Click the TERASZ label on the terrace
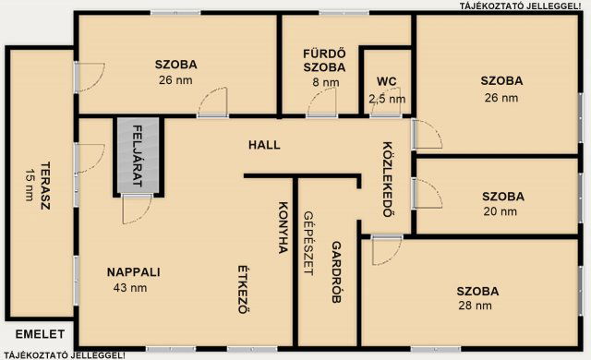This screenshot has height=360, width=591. click(45, 186)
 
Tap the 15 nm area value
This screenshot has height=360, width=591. click(30, 185)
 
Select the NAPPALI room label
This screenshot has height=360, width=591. click(133, 272)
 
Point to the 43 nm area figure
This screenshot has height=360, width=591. click(130, 288)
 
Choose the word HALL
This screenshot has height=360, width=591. click(264, 145)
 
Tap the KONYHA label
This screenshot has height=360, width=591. click(283, 227)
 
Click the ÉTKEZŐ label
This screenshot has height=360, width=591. click(244, 290)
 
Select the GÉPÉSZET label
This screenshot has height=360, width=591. click(308, 244)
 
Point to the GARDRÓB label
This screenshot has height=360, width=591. click(336, 272)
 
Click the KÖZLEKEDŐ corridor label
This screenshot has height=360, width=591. click(388, 179)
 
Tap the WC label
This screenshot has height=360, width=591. click(386, 82)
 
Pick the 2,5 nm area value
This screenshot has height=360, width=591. click(387, 99)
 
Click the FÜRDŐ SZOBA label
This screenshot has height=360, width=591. click(324, 60)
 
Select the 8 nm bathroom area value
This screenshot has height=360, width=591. click(326, 82)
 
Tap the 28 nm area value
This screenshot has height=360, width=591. click(475, 306)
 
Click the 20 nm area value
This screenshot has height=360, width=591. click(501, 211)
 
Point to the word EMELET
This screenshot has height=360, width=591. click(40, 334)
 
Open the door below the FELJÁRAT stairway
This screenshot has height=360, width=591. click(137, 209)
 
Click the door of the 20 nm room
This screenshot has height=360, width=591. click(427, 193)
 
